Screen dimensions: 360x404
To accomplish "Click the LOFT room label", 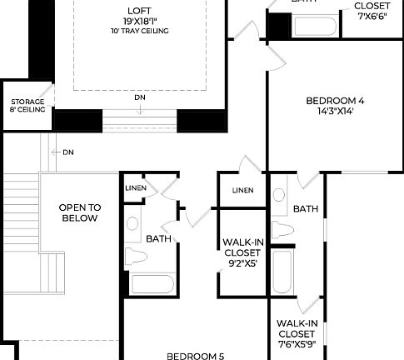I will pyautogui.click(x=140, y=9).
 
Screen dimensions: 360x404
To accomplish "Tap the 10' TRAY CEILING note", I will pyautogui.click(x=140, y=31).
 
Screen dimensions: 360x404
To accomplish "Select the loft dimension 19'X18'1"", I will pyautogui.click(x=140, y=20).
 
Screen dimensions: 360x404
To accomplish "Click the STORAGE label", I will pyautogui.click(x=27, y=102).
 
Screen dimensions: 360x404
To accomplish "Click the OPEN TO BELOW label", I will pyautogui.click(x=79, y=212).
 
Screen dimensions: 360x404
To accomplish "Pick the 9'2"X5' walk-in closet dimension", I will pyautogui.click(x=243, y=263).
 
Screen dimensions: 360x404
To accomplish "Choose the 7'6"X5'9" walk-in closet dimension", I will pyautogui.click(x=297, y=343).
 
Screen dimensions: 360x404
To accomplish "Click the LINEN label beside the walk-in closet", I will pyautogui.click(x=243, y=190).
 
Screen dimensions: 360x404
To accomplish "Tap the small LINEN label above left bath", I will pyautogui.click(x=136, y=188).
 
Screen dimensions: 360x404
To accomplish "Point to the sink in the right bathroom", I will pyautogui.click(x=279, y=195).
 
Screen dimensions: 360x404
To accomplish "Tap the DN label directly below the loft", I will pyautogui.click(x=139, y=97).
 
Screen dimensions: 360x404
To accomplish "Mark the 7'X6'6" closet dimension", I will pyautogui.click(x=372, y=15).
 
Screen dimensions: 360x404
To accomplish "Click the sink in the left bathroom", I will pyautogui.click(x=132, y=223).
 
